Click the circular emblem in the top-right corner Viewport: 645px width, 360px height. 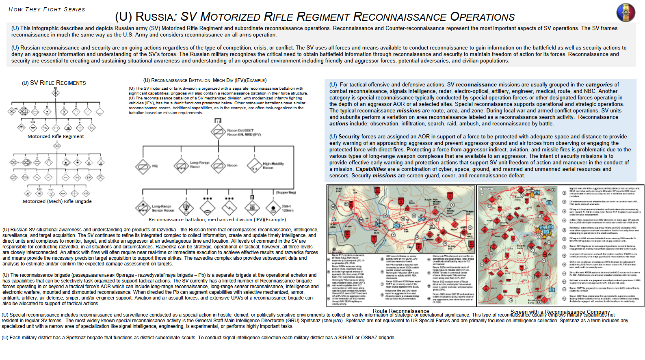(626, 13)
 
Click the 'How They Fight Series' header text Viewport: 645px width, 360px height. (47, 9)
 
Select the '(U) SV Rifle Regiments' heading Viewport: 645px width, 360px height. (54, 83)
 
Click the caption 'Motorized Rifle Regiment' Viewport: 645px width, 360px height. (56, 136)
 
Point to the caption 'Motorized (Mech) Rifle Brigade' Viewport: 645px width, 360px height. (57, 201)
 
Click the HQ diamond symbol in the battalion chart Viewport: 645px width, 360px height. (143, 166)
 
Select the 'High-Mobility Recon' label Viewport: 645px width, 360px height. (273, 166)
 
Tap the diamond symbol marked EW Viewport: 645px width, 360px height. (186, 207)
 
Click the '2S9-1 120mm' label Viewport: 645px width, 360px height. (288, 208)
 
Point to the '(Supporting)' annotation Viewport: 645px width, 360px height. (286, 192)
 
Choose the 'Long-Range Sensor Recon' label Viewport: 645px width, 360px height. (163, 208)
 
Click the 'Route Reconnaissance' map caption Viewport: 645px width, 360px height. (401, 311)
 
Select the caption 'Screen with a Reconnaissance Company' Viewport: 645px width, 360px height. (560, 312)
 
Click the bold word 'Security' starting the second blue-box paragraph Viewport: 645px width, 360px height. (349, 137)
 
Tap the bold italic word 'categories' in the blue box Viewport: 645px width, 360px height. (599, 85)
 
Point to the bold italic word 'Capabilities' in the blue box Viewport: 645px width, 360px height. (370, 169)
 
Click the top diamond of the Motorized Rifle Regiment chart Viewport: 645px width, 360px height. (56, 93)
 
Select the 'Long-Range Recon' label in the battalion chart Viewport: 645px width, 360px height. (200, 164)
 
